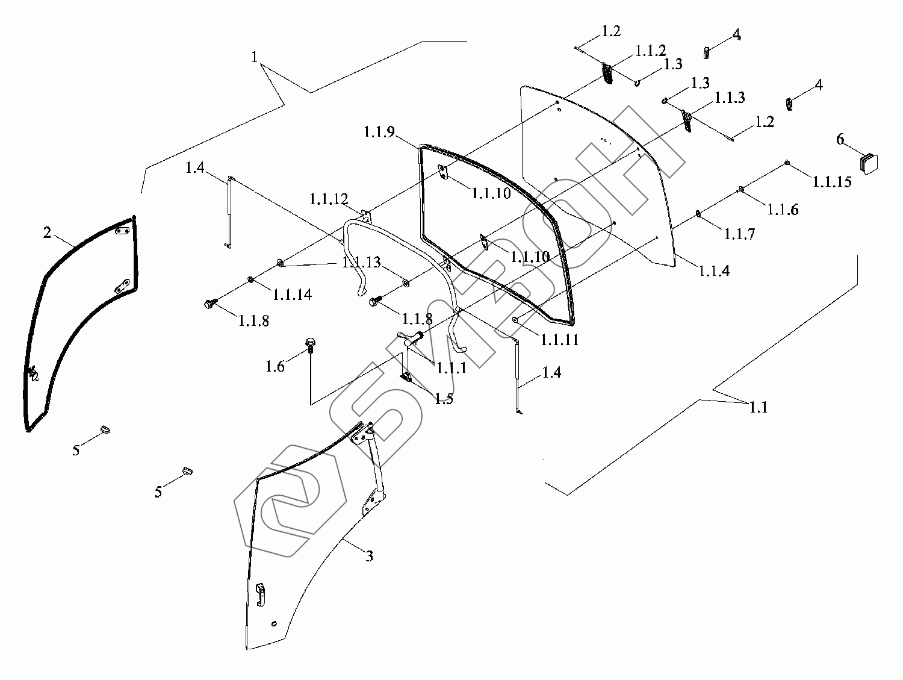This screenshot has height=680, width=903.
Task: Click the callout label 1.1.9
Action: tap(379, 132)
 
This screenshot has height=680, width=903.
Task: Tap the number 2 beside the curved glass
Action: tap(48, 232)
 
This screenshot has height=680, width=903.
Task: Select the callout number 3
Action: tap(370, 556)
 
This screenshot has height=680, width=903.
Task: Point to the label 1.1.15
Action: tap(832, 181)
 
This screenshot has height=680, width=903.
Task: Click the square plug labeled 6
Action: tap(869, 164)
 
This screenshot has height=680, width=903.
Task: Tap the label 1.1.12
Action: tap(329, 199)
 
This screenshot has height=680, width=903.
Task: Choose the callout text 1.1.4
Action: tap(714, 271)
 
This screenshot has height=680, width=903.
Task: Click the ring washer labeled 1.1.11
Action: tap(516, 319)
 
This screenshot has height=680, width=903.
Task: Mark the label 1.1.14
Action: tap(292, 295)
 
